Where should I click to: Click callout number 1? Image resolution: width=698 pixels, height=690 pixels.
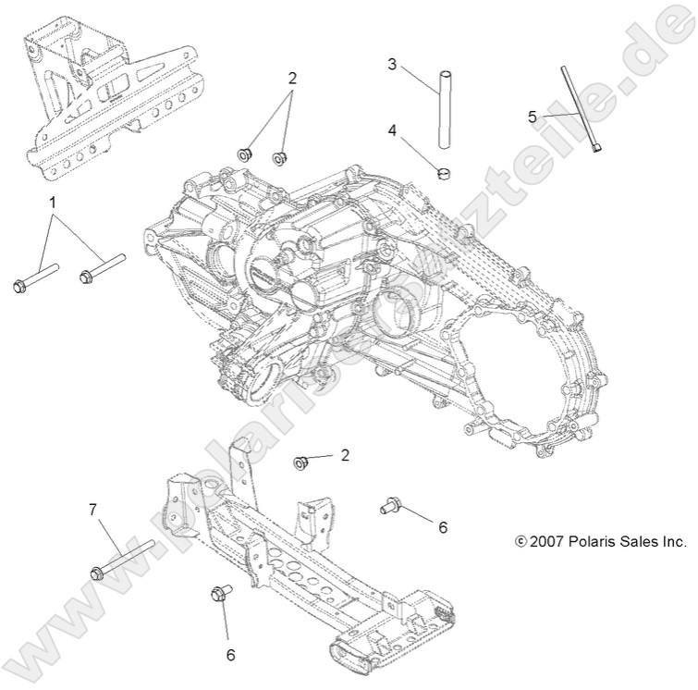click(x=53, y=201)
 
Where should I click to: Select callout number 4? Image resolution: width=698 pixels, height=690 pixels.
click(x=392, y=130)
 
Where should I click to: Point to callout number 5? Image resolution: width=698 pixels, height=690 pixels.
click(x=533, y=117)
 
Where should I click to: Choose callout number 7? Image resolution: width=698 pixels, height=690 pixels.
click(x=92, y=508)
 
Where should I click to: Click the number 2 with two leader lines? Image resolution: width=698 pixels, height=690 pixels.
click(x=292, y=78)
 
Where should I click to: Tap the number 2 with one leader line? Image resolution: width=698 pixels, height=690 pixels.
click(x=344, y=454)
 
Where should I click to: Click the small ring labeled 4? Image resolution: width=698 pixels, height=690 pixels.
click(x=444, y=171)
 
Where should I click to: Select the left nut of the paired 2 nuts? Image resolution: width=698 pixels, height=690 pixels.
click(x=246, y=153)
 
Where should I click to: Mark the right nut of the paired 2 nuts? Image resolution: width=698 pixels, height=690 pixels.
click(x=278, y=157)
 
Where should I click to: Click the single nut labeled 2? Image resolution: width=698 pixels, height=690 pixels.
click(x=300, y=462)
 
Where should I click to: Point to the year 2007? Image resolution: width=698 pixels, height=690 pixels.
click(x=544, y=542)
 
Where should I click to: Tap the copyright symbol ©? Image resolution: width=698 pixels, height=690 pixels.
click(x=520, y=542)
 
